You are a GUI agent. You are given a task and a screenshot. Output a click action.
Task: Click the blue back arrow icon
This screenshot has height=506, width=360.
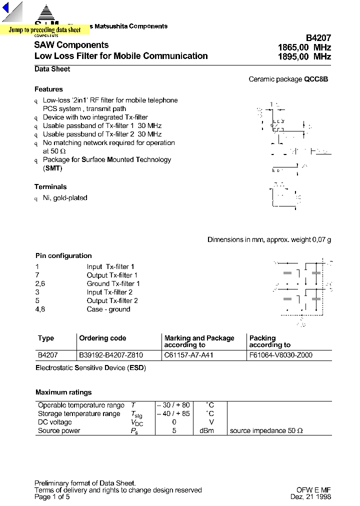[6, 10]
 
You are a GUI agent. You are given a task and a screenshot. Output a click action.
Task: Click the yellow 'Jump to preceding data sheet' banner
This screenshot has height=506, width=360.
[44, 30]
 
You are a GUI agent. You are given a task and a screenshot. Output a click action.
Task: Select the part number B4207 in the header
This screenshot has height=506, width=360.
[318, 37]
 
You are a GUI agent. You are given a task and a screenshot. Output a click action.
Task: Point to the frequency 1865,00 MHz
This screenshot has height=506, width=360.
[304, 47]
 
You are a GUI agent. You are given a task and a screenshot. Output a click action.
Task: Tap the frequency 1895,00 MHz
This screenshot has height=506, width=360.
[304, 57]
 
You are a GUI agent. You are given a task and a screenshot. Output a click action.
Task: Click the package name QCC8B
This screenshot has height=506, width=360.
[316, 79]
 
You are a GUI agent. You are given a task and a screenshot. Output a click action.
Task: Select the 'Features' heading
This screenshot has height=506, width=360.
[48, 89]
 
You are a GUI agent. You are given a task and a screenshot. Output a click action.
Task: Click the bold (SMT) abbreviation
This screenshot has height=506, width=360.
[52, 168]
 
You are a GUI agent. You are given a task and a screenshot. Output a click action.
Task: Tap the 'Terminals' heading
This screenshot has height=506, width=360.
[50, 186]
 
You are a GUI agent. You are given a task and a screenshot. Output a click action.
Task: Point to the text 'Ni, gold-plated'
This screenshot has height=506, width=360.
[65, 197]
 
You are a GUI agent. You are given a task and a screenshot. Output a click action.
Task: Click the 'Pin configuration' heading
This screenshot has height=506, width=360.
[63, 255]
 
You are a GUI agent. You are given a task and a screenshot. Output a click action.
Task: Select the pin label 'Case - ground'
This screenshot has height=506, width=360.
[108, 309]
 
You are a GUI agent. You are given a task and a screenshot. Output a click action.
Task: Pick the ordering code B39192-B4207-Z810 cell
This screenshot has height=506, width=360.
[111, 355]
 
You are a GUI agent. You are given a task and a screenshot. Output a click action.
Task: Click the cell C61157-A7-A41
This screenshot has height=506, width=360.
[188, 355]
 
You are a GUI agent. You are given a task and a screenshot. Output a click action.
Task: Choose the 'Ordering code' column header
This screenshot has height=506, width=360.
[102, 338]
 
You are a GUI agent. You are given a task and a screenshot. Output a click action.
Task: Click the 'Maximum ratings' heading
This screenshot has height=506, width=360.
[63, 392]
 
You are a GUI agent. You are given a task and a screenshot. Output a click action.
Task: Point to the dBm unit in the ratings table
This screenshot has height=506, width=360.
[207, 430]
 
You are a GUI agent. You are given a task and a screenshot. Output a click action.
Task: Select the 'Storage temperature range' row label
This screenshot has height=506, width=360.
[79, 413]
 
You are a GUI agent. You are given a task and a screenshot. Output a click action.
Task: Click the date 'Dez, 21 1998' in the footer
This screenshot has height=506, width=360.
[310, 496]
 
